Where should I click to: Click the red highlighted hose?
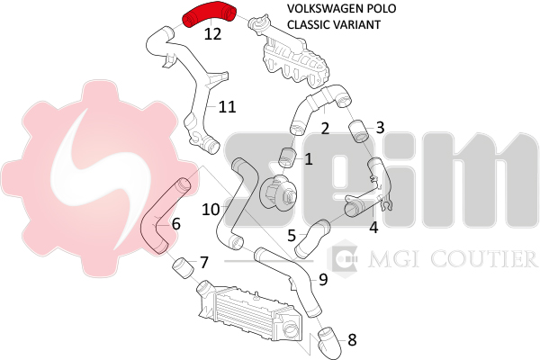pos(210,13)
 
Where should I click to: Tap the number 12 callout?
pos(212,35)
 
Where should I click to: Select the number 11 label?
pos(227,106)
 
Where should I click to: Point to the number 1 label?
pos(308,159)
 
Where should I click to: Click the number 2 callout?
pos(325,128)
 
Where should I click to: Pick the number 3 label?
pos(380,128)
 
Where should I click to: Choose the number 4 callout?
pos(373,227)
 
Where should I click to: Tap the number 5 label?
pos(292,236)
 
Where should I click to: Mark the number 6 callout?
pos(175,223)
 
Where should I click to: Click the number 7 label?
pos(204,263)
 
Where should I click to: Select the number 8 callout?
pos(351,340)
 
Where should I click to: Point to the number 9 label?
pos(322,279)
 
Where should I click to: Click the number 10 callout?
pos(211,209)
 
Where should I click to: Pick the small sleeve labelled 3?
pos(358,134)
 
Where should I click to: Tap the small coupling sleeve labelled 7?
pos(181,266)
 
